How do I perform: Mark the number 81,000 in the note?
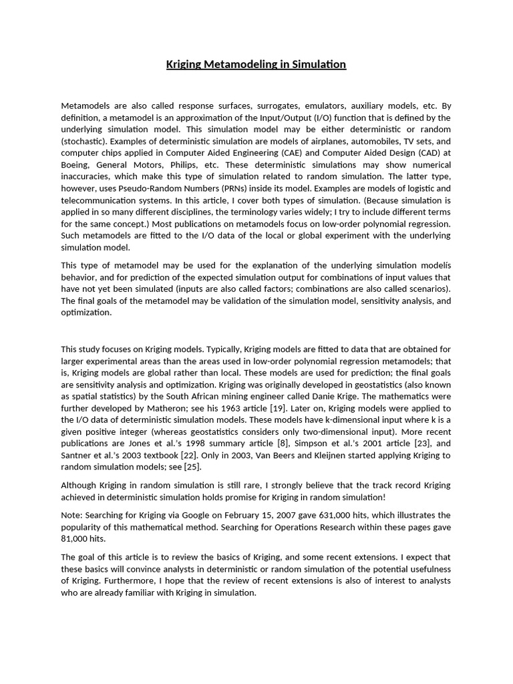click(x=75, y=538)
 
